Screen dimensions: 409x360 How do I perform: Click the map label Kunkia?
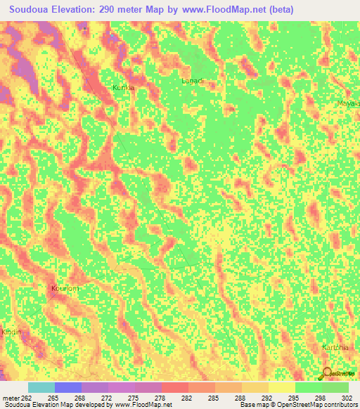pyautogui.click(x=123, y=88)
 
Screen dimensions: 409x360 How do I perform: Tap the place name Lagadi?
pyautogui.click(x=192, y=81)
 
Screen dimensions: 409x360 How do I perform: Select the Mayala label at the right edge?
pyautogui.click(x=348, y=103)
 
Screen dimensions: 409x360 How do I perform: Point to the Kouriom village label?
pyautogui.click(x=65, y=288)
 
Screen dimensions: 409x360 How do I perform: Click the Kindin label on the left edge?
pyautogui.click(x=11, y=332)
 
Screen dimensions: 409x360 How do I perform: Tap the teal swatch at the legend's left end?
pyautogui.click(x=41, y=387)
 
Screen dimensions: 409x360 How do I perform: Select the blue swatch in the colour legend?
pyautogui.click(x=67, y=387)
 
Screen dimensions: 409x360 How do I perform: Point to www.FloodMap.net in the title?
pyautogui.click(x=224, y=9)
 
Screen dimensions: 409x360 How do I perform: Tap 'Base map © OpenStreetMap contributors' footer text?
pyautogui.click(x=297, y=405)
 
